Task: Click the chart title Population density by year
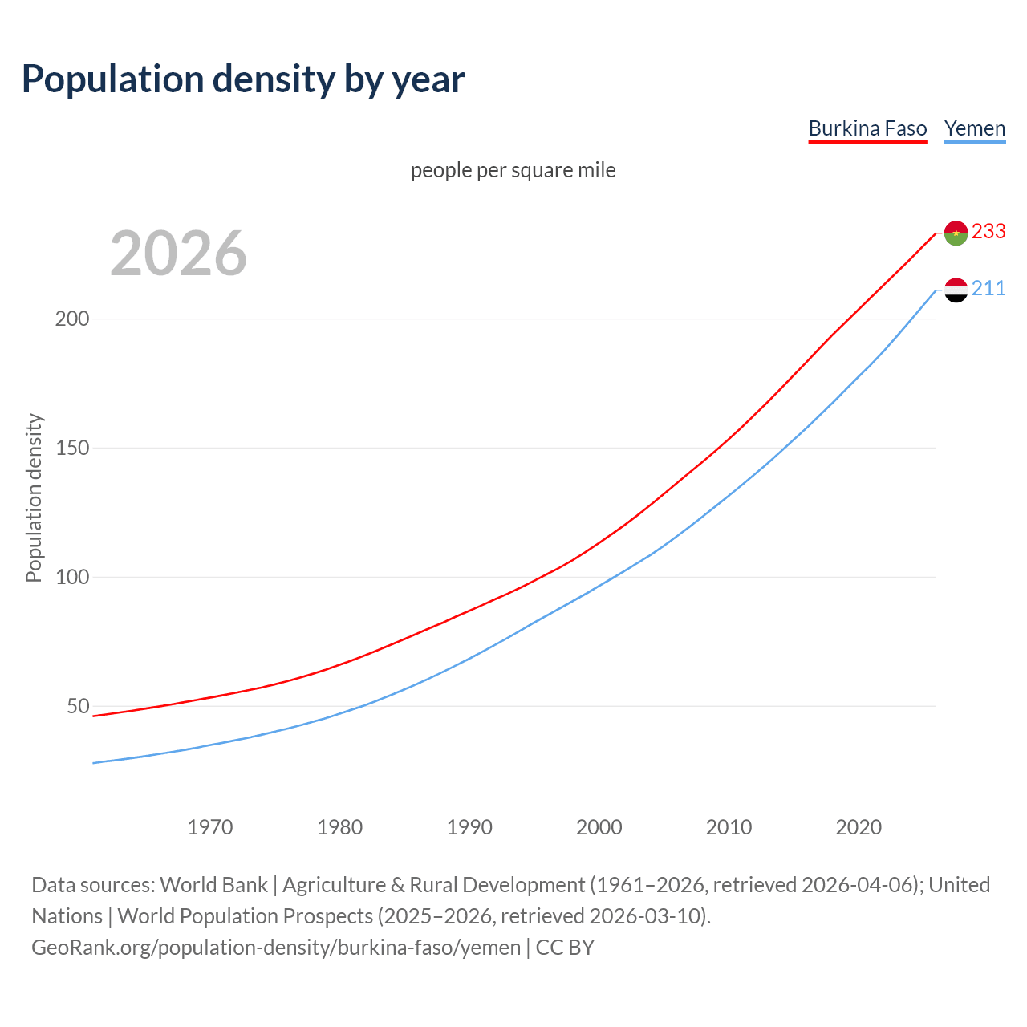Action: click(243, 79)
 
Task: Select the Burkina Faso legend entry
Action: click(867, 128)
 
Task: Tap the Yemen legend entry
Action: click(974, 128)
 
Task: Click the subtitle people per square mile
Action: click(513, 170)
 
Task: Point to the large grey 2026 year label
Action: click(178, 254)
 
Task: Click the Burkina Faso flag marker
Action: click(956, 233)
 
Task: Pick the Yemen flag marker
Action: click(956, 290)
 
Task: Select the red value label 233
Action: click(988, 231)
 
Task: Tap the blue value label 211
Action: click(988, 288)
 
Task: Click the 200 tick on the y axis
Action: click(71, 319)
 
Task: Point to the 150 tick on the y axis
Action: click(71, 448)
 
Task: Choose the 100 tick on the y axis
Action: click(71, 577)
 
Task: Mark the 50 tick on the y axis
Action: click(77, 706)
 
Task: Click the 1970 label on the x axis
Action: click(210, 827)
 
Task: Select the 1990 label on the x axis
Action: click(469, 827)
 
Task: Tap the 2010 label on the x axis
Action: click(729, 827)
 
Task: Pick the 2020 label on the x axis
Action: click(859, 827)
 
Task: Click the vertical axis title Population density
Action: click(34, 497)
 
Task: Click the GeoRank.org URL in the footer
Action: click(276, 948)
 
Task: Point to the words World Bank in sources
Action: click(213, 885)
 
